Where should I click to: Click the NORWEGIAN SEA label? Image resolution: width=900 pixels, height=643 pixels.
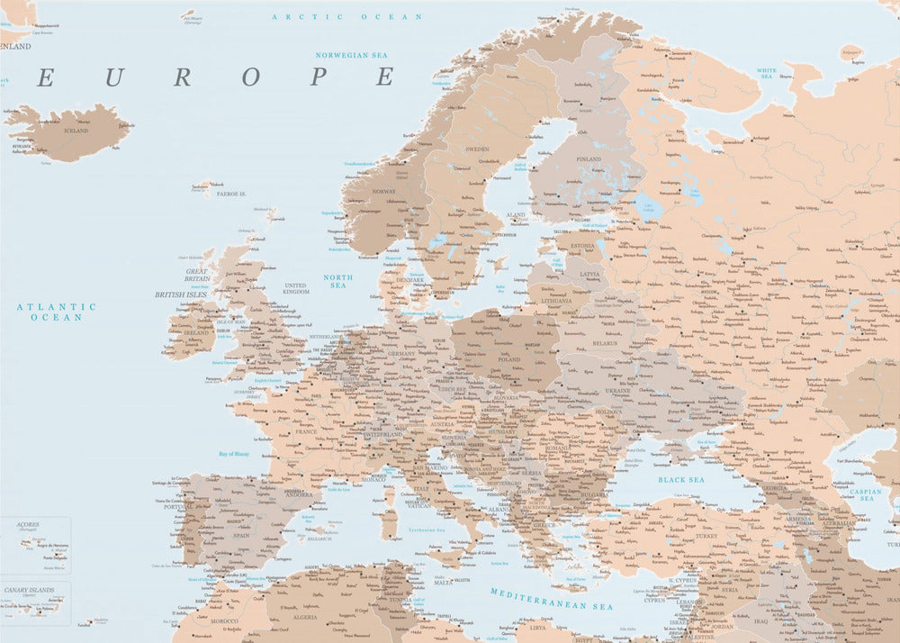tap(351, 55)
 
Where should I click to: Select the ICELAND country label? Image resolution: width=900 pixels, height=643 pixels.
tap(76, 131)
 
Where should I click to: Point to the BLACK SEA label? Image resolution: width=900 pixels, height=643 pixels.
tap(680, 480)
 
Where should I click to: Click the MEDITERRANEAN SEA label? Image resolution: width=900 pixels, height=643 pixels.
tap(551, 599)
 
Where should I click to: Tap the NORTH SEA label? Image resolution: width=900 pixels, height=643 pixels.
tap(338, 281)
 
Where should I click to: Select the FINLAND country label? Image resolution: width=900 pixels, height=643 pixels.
tap(588, 159)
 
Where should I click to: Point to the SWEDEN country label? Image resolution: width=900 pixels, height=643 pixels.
tap(477, 149)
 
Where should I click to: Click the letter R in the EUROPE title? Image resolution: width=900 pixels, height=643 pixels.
tap(182, 77)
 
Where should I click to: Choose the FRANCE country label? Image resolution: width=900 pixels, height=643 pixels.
tap(306, 432)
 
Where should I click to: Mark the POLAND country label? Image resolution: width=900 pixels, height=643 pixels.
tap(509, 358)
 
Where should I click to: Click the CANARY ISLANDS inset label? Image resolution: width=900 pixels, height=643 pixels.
tap(29, 590)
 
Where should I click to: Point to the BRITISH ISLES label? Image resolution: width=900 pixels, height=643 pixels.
tap(180, 294)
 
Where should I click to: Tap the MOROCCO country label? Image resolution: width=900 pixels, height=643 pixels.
tap(225, 620)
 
